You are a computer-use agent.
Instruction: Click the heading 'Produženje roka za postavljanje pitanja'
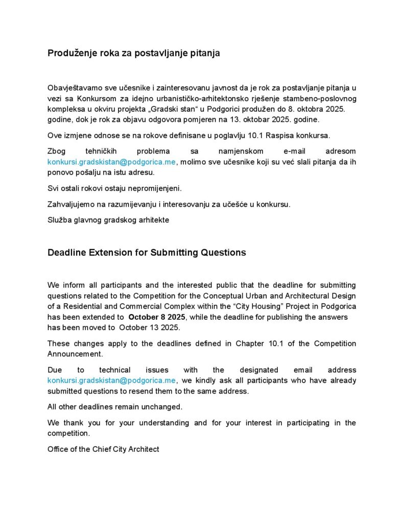click(x=133, y=53)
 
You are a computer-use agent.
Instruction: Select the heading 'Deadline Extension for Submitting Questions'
click(x=147, y=253)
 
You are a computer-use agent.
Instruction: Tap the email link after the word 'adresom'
click(x=112, y=162)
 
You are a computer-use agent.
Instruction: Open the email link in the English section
click(x=112, y=381)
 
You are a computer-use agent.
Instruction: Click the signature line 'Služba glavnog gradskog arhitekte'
click(x=108, y=220)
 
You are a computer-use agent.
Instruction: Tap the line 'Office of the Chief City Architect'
click(x=103, y=449)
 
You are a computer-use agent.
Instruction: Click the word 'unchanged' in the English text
click(x=164, y=407)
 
